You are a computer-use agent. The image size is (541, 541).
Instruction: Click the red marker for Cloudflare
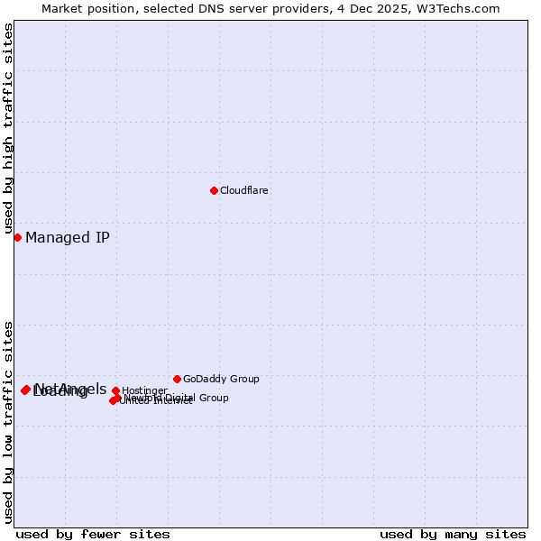pos(214,190)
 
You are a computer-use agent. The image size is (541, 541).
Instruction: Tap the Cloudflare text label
pos(243,190)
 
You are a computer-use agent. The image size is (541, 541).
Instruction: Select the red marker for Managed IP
pos(17,237)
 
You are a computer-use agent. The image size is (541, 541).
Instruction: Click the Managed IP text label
pos(68,237)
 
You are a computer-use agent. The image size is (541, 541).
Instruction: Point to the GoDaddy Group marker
pos(177,379)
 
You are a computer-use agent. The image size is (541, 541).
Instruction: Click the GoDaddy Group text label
pos(221,379)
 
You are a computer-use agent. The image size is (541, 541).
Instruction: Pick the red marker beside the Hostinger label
pos(116,390)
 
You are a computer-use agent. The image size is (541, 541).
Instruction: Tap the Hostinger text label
pos(144,390)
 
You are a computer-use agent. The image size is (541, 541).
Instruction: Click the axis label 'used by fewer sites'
pos(93,534)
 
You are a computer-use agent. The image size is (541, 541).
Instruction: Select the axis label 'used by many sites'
pos(453,534)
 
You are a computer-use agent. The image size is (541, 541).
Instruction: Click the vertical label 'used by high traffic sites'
pos(9,130)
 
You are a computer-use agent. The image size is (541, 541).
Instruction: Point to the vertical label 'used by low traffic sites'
pos(9,422)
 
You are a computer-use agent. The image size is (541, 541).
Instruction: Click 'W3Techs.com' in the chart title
pos(464,9)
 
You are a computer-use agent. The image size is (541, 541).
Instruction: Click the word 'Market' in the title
pos(62,9)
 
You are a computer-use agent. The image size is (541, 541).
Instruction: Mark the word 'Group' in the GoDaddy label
pos(243,379)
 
